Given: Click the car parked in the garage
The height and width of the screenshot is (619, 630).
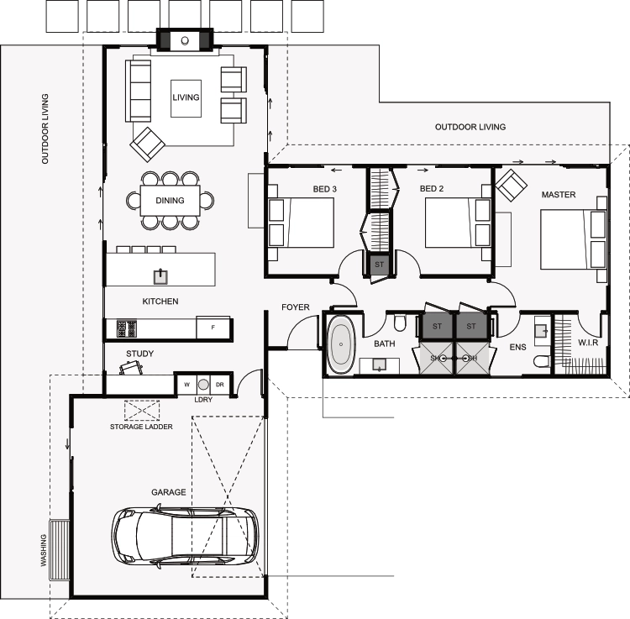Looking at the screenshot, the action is pyautogui.click(x=185, y=537).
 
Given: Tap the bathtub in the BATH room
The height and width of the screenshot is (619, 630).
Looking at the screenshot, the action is pyautogui.click(x=341, y=344).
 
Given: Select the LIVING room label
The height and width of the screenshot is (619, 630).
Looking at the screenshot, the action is pyautogui.click(x=186, y=97).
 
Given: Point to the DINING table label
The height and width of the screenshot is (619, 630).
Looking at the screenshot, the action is pyautogui.click(x=170, y=201).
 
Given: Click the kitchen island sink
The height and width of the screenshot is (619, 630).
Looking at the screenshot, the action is pyautogui.click(x=160, y=277).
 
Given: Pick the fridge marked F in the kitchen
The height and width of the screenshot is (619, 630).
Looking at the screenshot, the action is pyautogui.click(x=213, y=328).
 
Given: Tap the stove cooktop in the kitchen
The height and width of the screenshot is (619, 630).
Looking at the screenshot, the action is pyautogui.click(x=127, y=328).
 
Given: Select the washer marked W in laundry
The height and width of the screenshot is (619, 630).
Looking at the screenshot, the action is pyautogui.click(x=186, y=385).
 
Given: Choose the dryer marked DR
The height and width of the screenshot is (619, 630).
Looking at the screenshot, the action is pyautogui.click(x=220, y=385).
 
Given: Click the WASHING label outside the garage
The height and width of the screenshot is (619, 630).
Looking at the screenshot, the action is pyautogui.click(x=44, y=550).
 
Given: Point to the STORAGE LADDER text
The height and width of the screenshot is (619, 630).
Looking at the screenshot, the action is pyautogui.click(x=141, y=427).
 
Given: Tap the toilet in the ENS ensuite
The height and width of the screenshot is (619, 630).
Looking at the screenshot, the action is pyautogui.click(x=542, y=361).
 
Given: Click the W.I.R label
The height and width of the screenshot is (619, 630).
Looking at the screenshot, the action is pyautogui.click(x=588, y=343).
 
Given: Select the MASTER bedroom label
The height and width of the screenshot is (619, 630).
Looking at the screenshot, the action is pyautogui.click(x=559, y=195).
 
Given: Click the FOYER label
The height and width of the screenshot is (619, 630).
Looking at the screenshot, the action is pyautogui.click(x=296, y=307).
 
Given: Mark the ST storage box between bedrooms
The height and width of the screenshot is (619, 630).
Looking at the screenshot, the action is pyautogui.click(x=380, y=265).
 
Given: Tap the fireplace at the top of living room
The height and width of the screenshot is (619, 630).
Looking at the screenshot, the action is pyautogui.click(x=185, y=40).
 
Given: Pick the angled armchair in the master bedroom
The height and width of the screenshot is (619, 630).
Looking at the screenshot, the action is pyautogui.click(x=511, y=185).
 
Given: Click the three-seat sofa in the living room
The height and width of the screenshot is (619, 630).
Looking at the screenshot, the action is pyautogui.click(x=139, y=91).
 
